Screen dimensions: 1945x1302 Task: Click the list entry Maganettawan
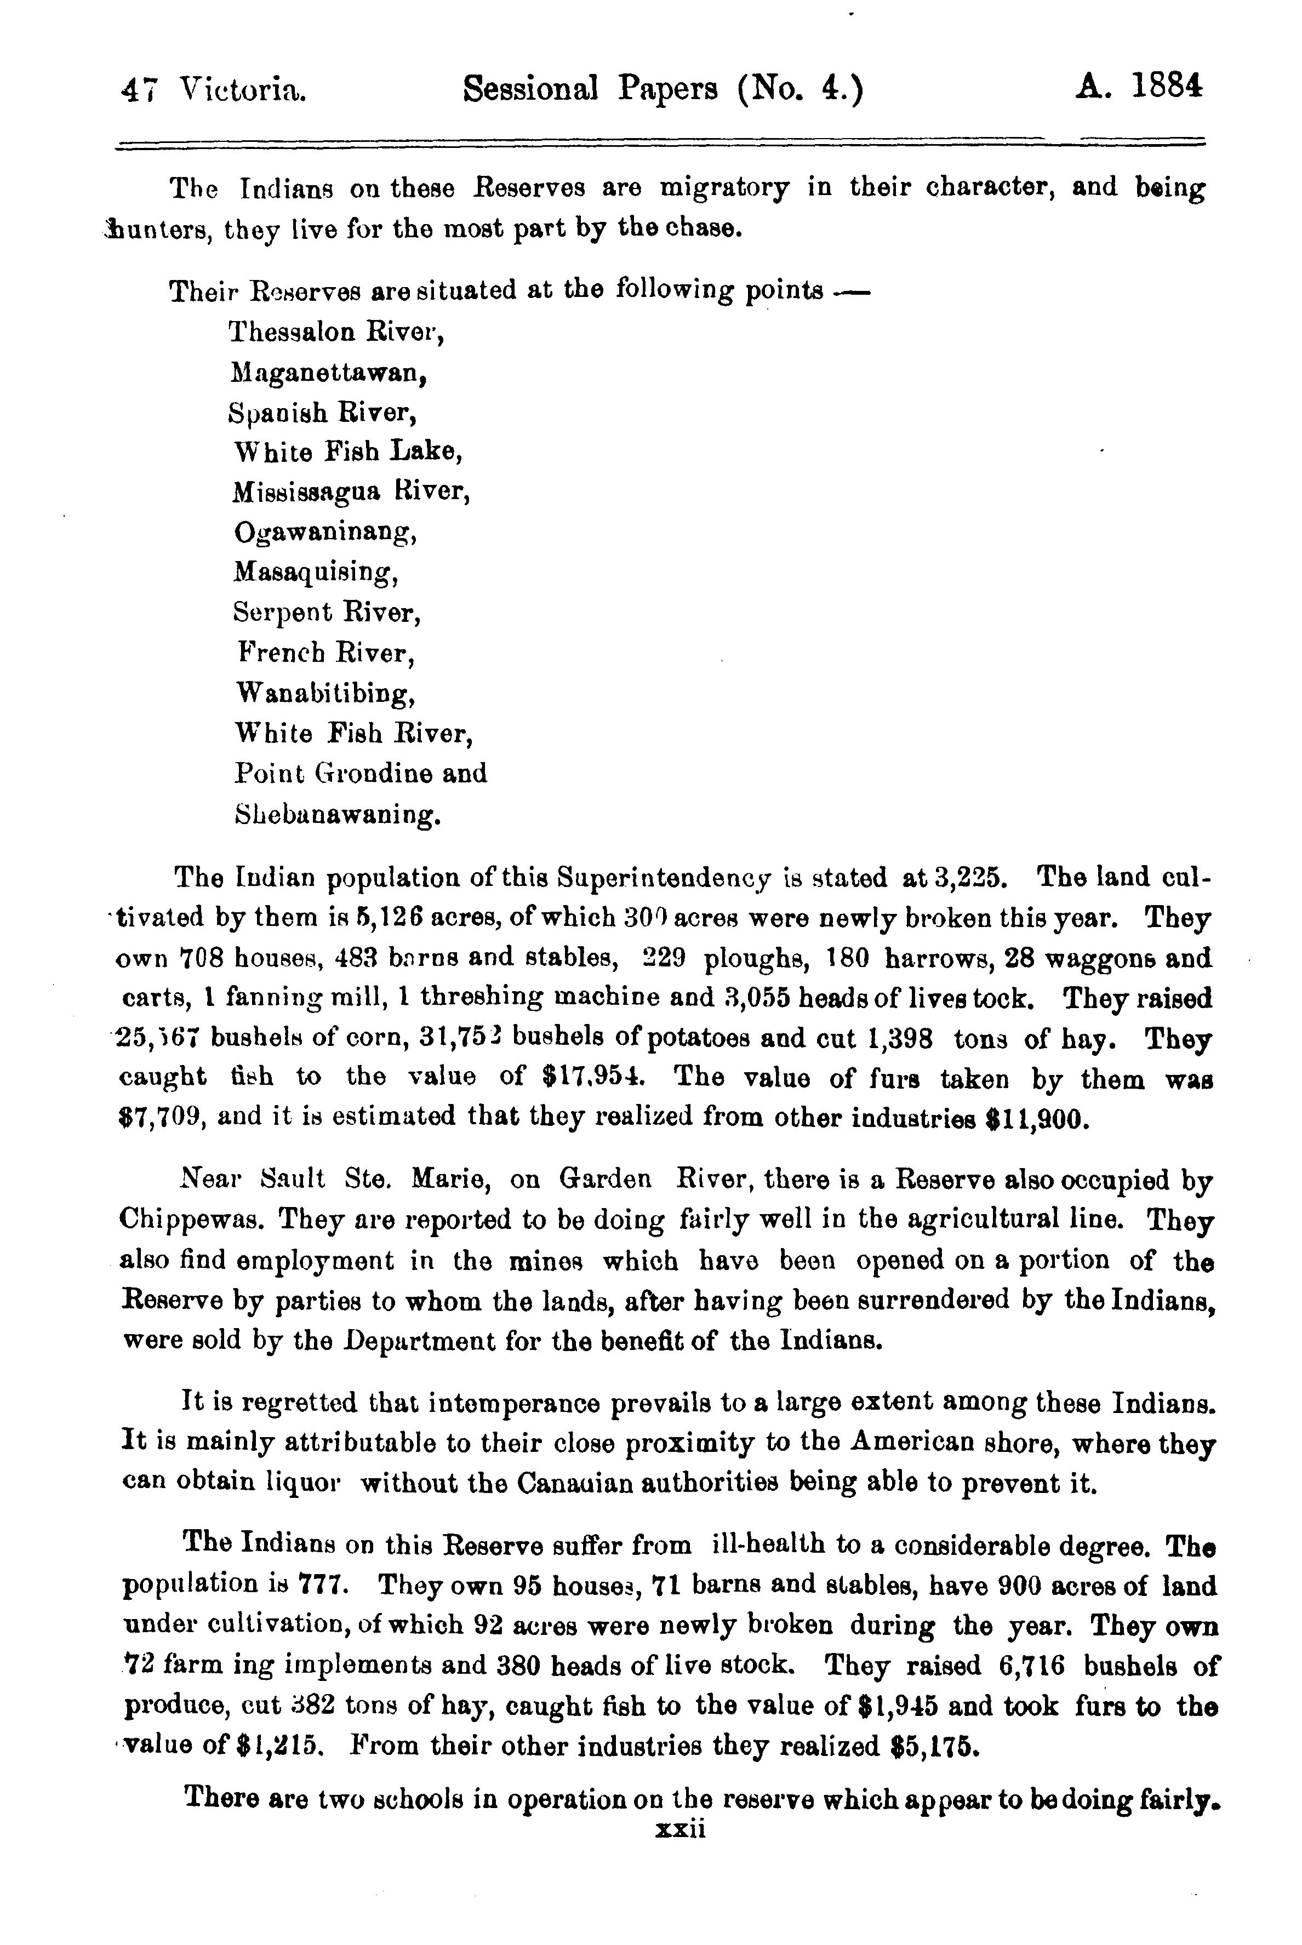pyautogui.click(x=329, y=374)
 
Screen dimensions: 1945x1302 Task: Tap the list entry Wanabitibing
pyautogui.click(x=324, y=693)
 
